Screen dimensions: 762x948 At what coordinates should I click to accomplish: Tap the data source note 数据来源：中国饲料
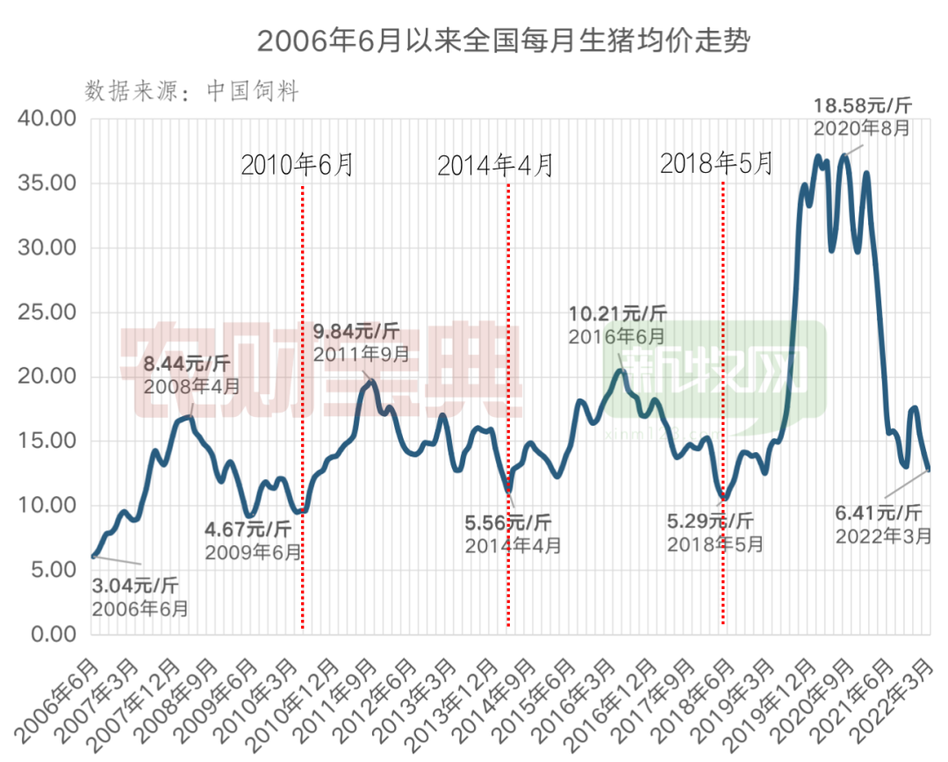pyautogui.click(x=192, y=90)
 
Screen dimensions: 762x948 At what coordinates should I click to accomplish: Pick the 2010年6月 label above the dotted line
pyautogui.click(x=297, y=164)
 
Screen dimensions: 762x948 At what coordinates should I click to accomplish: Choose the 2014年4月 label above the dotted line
pyautogui.click(x=495, y=164)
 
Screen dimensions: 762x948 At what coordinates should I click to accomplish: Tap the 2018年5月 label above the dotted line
pyautogui.click(x=716, y=163)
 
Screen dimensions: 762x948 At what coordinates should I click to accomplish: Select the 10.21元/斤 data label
pyautogui.click(x=617, y=313)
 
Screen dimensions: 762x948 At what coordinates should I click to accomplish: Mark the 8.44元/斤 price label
pyautogui.click(x=187, y=363)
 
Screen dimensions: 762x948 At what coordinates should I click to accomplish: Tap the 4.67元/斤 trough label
pyautogui.click(x=248, y=529)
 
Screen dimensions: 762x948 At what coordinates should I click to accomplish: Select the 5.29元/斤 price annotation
pyautogui.click(x=709, y=521)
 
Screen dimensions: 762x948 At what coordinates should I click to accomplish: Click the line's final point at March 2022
pyautogui.click(x=929, y=470)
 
